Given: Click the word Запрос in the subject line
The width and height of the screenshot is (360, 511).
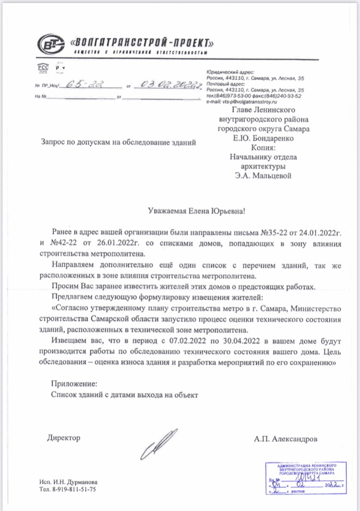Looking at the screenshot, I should click(x=53, y=142).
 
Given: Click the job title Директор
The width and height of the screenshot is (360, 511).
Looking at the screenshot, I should click(x=64, y=438).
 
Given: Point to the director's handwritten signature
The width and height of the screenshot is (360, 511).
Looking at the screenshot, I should click(x=158, y=444).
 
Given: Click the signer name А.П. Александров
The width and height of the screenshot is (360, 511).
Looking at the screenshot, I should click(x=287, y=439).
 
